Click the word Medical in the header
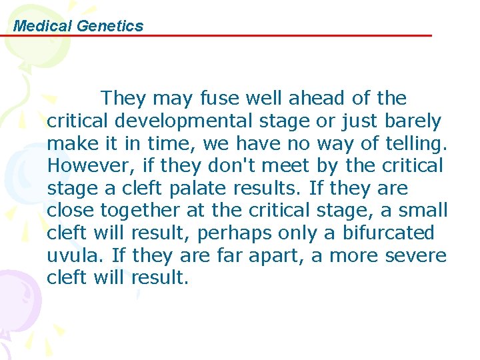(x=43, y=26)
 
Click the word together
(x=139, y=211)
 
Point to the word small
(x=423, y=211)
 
